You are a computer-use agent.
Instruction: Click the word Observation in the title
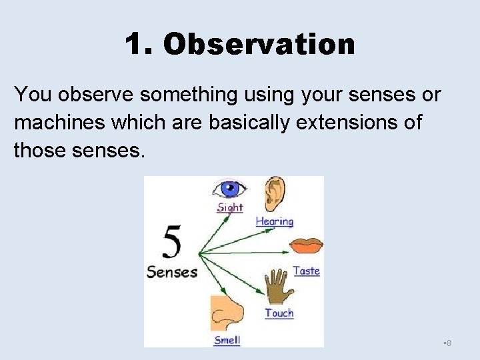tap(259, 45)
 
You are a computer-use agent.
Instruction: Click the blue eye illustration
tap(229, 189)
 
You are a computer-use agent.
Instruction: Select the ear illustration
tap(273, 194)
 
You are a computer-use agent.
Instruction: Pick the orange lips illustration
tap(306, 245)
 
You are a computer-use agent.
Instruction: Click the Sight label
tap(230, 207)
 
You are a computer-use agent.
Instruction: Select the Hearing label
tap(275, 221)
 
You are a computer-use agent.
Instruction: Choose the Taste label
tap(306, 271)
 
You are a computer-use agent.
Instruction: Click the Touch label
tap(279, 313)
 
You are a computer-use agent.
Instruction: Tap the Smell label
tap(227, 340)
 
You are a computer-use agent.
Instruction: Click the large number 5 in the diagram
tap(172, 243)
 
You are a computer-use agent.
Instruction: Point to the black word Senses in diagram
tap(172, 272)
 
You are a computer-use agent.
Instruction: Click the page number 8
tap(449, 343)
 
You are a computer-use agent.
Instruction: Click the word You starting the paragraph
tap(33, 95)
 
